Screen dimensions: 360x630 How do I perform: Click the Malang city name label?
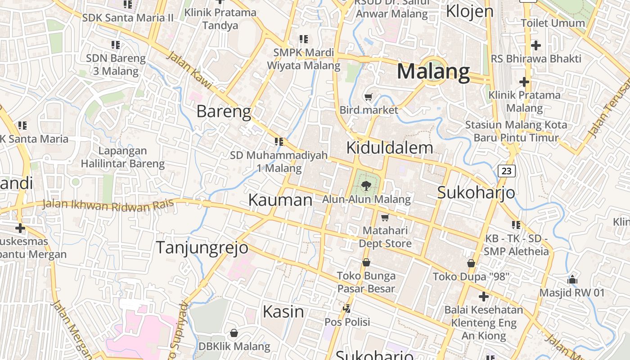pyautogui.click(x=433, y=72)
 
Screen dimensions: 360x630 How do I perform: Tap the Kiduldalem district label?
pyautogui.click(x=390, y=148)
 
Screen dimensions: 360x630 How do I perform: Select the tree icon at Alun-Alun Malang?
pyautogui.click(x=366, y=184)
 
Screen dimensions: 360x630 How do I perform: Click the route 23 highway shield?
pyautogui.click(x=507, y=171)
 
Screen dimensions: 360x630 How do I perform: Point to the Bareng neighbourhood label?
pyautogui.click(x=224, y=111)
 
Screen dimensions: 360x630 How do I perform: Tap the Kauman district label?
pyautogui.click(x=280, y=200)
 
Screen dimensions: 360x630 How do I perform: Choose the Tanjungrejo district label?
pyautogui.click(x=202, y=247)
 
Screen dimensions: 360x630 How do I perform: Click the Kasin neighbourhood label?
pyautogui.click(x=283, y=311)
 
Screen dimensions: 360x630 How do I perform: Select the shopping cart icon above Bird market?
pyautogui.click(x=369, y=97)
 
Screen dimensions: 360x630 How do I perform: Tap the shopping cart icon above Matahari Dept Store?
pyautogui.click(x=385, y=218)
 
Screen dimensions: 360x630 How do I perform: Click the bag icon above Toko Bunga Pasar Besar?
pyautogui.click(x=366, y=262)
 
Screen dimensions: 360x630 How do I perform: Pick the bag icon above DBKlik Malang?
pyautogui.click(x=234, y=333)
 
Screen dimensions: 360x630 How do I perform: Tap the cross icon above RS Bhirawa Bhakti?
pyautogui.click(x=535, y=45)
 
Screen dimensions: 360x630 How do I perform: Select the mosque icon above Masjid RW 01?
pyautogui.click(x=572, y=279)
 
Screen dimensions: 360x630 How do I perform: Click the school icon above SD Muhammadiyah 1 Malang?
pyautogui.click(x=279, y=142)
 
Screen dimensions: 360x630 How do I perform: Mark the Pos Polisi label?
pyautogui.click(x=347, y=322)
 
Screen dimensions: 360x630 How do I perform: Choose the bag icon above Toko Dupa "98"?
pyautogui.click(x=471, y=263)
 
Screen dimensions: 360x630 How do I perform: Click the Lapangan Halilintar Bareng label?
pyautogui.click(x=123, y=157)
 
